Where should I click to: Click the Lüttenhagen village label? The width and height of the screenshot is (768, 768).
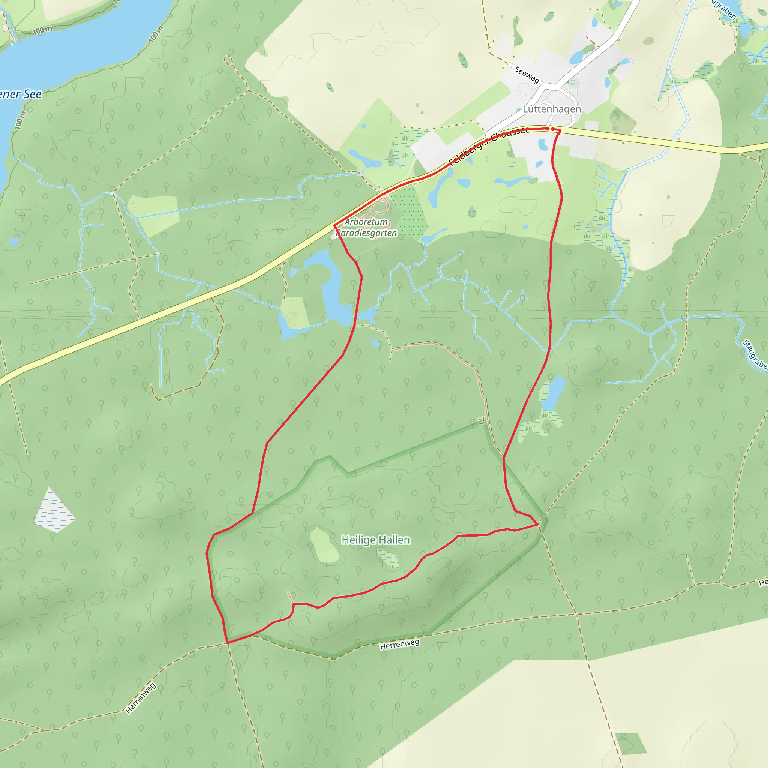[x=551, y=109]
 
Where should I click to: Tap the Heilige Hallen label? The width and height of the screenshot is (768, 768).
[x=376, y=540]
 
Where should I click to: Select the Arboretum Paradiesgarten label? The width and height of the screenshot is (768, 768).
[x=366, y=227]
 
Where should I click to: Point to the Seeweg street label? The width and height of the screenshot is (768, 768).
[x=527, y=75]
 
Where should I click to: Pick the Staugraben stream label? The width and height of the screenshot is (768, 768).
[x=754, y=355]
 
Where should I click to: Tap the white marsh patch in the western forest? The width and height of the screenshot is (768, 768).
[x=54, y=511]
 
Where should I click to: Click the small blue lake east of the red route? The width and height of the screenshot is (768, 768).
[x=553, y=393]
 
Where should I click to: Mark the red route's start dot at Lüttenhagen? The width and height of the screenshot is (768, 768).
[x=547, y=129]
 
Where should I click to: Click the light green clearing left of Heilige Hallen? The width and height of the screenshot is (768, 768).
[x=324, y=545]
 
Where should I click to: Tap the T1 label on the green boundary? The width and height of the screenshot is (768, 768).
[x=481, y=421]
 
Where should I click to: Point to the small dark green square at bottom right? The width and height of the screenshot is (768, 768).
[x=630, y=743]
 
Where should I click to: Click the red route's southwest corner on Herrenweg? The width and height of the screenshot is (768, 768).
[x=227, y=642]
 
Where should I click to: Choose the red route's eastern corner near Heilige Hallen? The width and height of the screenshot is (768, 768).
[x=538, y=525]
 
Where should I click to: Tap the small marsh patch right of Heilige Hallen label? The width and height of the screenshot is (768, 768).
[x=389, y=558]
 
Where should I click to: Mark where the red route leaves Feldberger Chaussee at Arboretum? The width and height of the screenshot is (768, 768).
[x=335, y=226]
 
